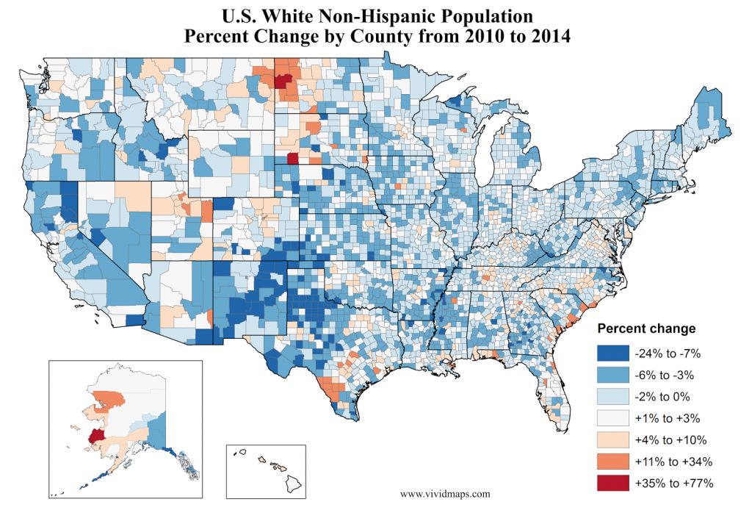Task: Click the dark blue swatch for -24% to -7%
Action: coord(613,353)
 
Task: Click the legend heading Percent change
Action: coord(646,328)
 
